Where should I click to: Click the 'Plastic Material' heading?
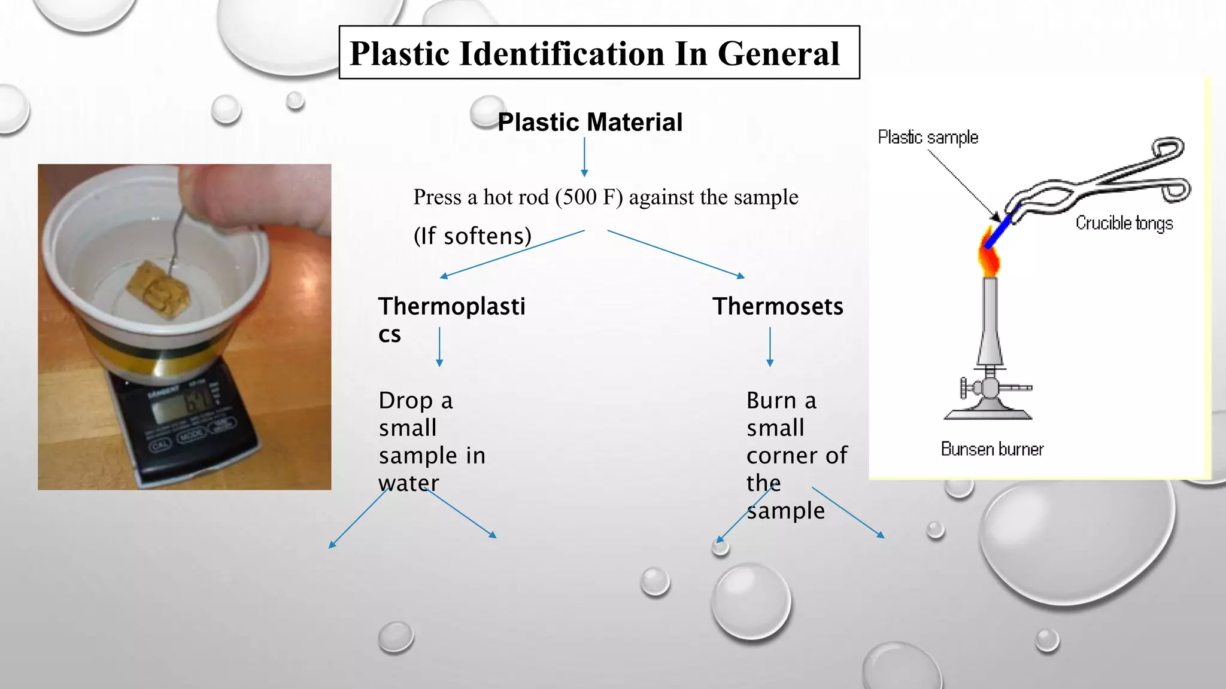point(590,122)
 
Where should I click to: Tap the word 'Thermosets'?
point(777,306)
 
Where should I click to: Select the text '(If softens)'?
point(472,236)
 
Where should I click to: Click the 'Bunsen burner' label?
point(992,449)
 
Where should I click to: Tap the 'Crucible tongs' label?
point(1124,223)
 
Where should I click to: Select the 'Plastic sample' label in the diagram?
point(927,137)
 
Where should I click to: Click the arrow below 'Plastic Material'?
point(584,157)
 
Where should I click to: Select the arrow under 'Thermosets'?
point(770,346)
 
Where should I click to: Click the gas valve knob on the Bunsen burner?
point(964,388)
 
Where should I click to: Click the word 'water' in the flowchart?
point(409,483)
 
